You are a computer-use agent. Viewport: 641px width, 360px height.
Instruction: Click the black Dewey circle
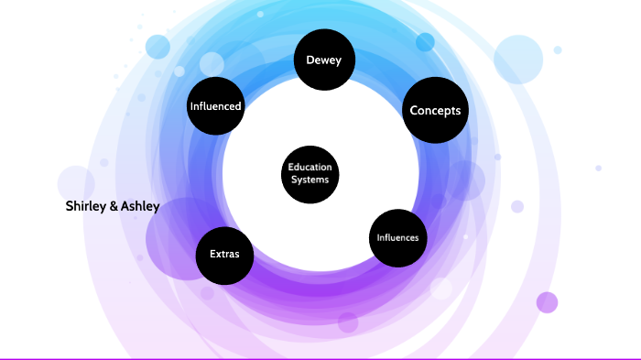(323, 61)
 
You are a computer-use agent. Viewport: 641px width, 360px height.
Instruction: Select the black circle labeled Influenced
(215, 106)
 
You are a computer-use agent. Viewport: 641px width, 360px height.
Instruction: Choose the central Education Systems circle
(310, 173)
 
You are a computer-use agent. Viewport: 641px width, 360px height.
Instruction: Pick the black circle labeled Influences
(397, 238)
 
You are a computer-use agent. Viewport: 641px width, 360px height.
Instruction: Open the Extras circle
(224, 254)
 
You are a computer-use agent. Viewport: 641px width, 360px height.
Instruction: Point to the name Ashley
(141, 206)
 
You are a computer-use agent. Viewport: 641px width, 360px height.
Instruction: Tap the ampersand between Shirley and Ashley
(114, 206)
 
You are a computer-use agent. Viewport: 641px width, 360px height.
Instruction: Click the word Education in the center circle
(310, 168)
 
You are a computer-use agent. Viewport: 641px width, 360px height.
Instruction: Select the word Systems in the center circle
(310, 180)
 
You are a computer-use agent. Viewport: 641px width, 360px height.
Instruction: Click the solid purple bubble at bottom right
(547, 302)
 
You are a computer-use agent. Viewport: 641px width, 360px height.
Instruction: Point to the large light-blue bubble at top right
(519, 59)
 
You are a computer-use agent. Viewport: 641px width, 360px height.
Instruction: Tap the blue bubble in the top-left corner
(158, 46)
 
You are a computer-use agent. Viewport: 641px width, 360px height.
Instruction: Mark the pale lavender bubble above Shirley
(76, 182)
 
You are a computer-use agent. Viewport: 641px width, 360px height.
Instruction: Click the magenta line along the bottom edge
(320, 358)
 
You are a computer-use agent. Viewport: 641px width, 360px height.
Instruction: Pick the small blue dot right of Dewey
(425, 42)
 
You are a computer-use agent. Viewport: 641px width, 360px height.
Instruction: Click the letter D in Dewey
(309, 61)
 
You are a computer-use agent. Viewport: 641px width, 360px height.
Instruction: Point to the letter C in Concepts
(414, 111)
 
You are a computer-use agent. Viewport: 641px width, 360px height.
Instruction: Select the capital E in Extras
(212, 254)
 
